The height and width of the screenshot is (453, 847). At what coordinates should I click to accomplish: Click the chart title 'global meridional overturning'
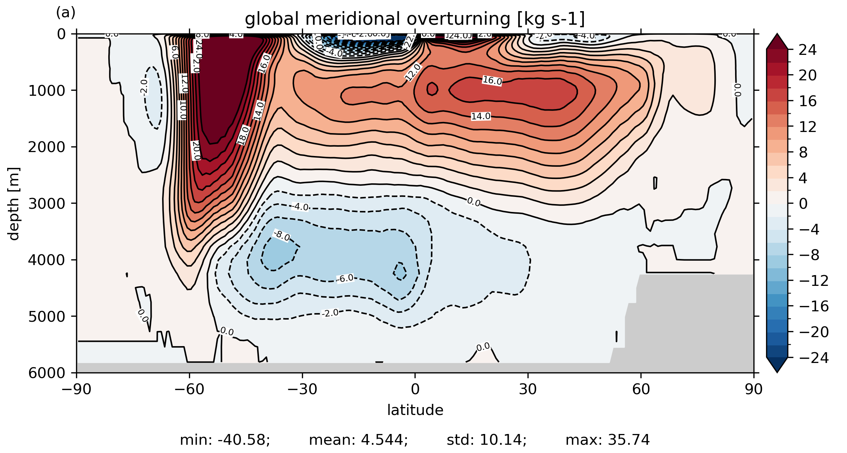click(x=415, y=19)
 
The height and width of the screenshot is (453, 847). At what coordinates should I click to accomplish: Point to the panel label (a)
click(x=66, y=13)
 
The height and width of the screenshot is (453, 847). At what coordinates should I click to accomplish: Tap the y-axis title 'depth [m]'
click(x=14, y=203)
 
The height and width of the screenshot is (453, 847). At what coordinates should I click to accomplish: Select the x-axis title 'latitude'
click(x=415, y=410)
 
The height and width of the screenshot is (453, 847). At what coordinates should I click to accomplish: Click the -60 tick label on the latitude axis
click(x=189, y=389)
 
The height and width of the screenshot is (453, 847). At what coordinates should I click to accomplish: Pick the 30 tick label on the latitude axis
click(x=527, y=389)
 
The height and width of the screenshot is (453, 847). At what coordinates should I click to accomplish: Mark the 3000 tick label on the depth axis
click(x=47, y=203)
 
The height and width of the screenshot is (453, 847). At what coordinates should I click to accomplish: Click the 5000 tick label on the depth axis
click(x=47, y=316)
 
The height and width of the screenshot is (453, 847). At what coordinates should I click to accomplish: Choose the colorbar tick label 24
click(x=808, y=50)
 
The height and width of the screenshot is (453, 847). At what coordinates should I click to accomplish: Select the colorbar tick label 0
click(x=803, y=204)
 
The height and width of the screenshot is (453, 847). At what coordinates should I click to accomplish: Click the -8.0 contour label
click(x=282, y=236)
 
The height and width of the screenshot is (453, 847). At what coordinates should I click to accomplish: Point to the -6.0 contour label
click(x=345, y=278)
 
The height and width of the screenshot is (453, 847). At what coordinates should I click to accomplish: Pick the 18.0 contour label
click(x=243, y=135)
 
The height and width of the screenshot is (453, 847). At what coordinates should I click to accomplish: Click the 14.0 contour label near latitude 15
click(x=481, y=116)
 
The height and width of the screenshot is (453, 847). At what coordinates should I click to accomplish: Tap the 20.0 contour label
click(x=196, y=151)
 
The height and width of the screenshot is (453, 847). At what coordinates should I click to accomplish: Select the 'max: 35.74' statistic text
click(x=607, y=440)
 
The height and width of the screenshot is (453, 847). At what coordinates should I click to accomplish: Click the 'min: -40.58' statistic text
click(x=225, y=440)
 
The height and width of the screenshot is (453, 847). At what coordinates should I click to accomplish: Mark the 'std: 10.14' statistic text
click(x=487, y=440)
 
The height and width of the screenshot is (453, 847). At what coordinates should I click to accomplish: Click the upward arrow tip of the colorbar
click(x=777, y=35)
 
